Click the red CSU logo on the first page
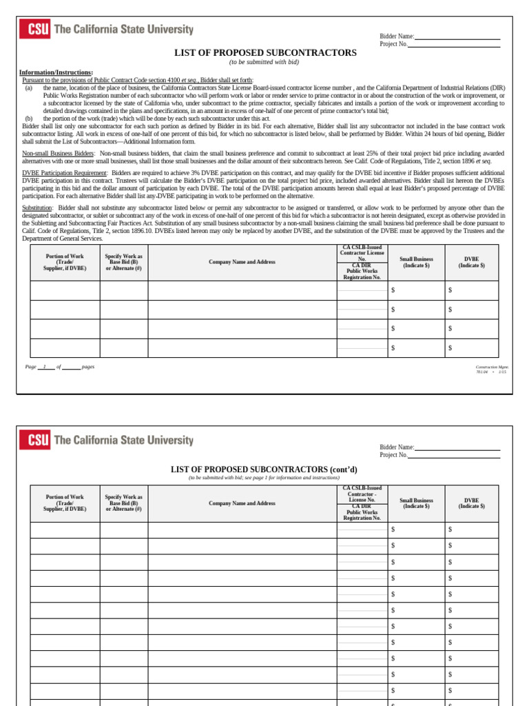(x=34, y=30)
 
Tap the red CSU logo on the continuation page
(x=34, y=439)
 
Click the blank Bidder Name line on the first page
(x=457, y=37)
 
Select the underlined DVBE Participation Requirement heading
(x=65, y=172)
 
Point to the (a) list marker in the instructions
(x=29, y=88)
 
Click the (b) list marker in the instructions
(x=29, y=119)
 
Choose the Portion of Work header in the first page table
(x=65, y=261)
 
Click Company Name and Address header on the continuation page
(x=242, y=503)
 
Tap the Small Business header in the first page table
(x=416, y=262)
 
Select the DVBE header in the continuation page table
(x=471, y=503)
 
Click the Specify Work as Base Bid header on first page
(x=123, y=261)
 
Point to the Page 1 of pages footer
(x=60, y=367)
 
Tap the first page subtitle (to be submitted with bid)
(x=264, y=62)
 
